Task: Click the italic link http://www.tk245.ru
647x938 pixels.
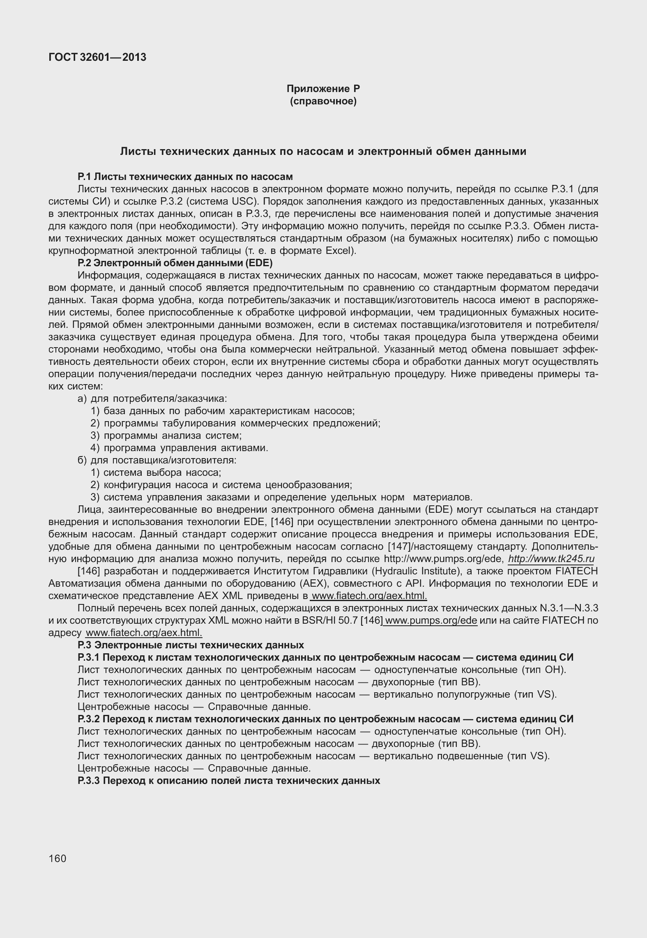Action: click(x=551, y=559)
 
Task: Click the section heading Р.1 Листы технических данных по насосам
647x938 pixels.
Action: click(x=185, y=177)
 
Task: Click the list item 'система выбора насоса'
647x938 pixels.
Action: click(x=162, y=472)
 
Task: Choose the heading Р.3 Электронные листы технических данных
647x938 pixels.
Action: click(x=191, y=645)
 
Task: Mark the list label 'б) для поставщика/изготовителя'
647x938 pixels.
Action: click(x=157, y=460)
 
